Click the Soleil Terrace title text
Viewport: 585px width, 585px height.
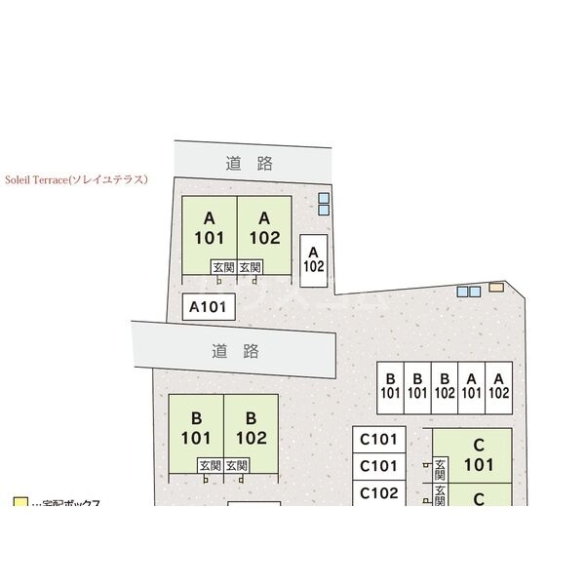75,180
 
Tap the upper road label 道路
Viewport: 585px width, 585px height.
249,163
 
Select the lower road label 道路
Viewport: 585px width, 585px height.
234,350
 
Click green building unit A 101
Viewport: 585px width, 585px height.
210,228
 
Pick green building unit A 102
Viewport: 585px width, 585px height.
263,228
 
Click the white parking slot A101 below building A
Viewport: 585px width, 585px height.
208,308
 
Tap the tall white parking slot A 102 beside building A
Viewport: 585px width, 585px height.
313,260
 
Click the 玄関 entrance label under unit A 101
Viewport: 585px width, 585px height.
223,267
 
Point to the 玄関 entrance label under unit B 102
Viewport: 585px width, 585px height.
236,466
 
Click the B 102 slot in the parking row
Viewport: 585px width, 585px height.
445,387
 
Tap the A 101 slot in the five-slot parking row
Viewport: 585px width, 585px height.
471,387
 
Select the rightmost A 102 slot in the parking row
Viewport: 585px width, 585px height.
498,387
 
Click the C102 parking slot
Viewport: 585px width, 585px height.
378,493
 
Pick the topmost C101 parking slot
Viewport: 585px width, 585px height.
378,439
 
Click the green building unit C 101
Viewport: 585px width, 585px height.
479,453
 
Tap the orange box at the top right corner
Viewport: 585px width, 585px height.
496,287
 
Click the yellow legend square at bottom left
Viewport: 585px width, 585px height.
20,503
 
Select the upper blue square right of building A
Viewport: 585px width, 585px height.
324,198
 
